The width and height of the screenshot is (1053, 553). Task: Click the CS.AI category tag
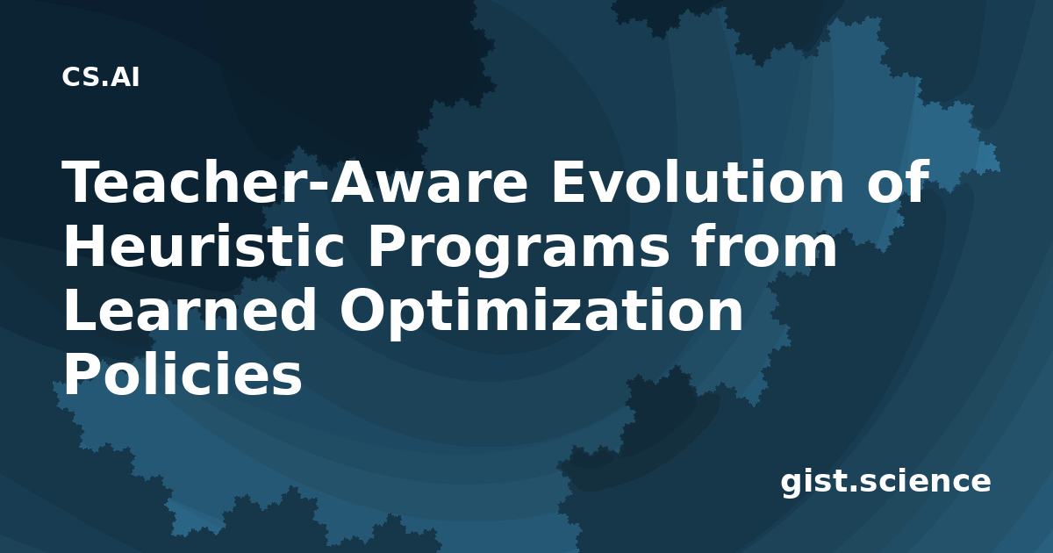101,77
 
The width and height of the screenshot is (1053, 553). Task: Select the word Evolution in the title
698,182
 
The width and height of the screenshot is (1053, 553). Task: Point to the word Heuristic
204,246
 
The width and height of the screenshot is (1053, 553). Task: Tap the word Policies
183,373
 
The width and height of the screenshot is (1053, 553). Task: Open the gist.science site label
885,482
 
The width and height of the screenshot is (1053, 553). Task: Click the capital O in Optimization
363,311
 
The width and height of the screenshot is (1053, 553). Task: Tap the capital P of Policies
83,373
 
